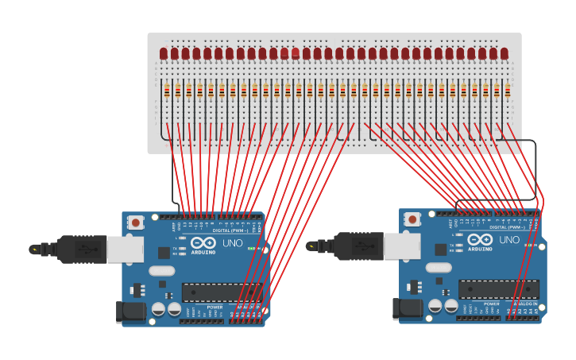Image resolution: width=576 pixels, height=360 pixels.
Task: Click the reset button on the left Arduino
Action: tap(136, 223)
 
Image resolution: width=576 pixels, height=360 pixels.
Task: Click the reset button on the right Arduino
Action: tap(412, 219)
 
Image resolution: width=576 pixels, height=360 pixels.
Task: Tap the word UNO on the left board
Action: tap(232, 243)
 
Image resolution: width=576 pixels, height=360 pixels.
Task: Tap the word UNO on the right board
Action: tap(509, 240)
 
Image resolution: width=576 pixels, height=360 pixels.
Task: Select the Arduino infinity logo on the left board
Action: tap(203, 242)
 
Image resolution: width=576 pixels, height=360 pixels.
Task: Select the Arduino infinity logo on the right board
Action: tap(480, 239)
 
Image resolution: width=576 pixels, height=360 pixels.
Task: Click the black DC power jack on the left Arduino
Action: tap(130, 312)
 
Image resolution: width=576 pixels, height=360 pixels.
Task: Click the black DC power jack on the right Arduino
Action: tap(407, 308)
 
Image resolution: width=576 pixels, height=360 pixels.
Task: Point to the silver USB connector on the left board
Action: tap(125, 250)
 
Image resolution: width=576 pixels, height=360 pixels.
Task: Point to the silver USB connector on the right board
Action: tap(402, 246)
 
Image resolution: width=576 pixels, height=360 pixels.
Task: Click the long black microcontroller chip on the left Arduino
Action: tap(222, 292)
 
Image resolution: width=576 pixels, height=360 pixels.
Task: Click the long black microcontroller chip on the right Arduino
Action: tap(498, 289)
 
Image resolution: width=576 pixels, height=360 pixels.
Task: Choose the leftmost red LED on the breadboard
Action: tap(164, 54)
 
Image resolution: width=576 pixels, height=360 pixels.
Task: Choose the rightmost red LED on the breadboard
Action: tap(504, 54)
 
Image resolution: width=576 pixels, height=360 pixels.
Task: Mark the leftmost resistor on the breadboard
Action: tap(167, 92)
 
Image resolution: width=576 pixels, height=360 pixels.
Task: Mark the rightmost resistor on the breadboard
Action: tap(507, 92)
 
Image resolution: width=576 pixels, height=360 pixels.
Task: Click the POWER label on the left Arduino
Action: tap(215, 307)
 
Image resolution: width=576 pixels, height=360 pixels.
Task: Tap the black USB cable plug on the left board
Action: tap(82, 250)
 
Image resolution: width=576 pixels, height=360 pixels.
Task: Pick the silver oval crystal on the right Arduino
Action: tap(438, 268)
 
